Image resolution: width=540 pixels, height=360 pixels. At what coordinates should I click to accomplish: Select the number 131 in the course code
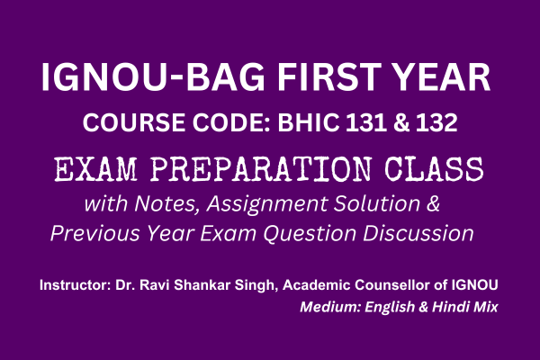pyautogui.click(x=364, y=122)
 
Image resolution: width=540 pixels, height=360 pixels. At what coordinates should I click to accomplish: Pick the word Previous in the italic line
pyautogui.click(x=91, y=233)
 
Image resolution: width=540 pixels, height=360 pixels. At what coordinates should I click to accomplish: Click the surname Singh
pyautogui.click(x=267, y=285)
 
